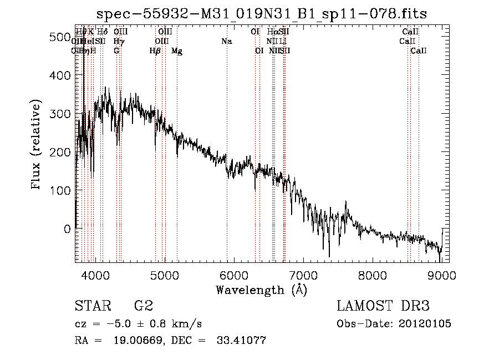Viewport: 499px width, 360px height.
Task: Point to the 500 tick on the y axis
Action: pyautogui.click(x=62, y=37)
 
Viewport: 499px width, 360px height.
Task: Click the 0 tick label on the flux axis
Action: pyautogui.click(x=67, y=229)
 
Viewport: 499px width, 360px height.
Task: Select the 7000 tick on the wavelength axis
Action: pyautogui.click(x=303, y=275)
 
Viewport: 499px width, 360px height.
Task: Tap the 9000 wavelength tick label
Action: pyautogui.click(x=442, y=275)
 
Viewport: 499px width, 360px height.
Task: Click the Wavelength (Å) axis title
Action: pyautogui.click(x=261, y=290)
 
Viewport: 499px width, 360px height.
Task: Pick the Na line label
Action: pyautogui.click(x=226, y=42)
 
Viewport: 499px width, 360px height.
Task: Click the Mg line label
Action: pyautogui.click(x=177, y=51)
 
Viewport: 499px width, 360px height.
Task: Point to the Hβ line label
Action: pyautogui.click(x=155, y=51)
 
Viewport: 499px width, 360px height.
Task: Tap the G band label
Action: pyautogui.click(x=116, y=51)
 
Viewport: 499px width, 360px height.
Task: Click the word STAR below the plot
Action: pyautogui.click(x=89, y=307)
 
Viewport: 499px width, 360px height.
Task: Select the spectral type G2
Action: pyautogui.click(x=144, y=307)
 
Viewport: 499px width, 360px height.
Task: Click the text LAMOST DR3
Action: pyautogui.click(x=383, y=307)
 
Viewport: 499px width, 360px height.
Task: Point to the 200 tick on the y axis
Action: pyautogui.click(x=62, y=152)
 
